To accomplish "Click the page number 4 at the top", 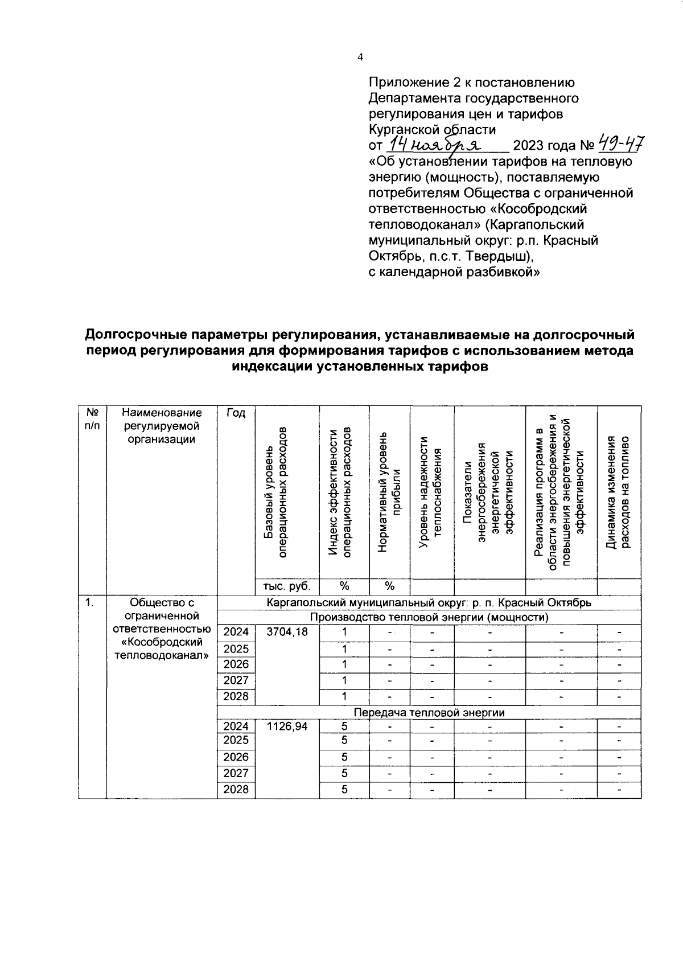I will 359,57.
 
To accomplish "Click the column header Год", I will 236,413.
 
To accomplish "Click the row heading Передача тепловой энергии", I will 429,712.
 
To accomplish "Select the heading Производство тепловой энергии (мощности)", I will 429,617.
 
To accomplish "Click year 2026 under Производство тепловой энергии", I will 236,664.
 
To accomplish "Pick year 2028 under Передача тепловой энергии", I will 236,790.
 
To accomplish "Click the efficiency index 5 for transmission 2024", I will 344,726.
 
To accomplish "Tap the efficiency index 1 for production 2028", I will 344,696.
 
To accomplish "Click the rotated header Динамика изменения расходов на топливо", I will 619,492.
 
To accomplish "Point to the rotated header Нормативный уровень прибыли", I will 389,492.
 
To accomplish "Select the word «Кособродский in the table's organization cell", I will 162,642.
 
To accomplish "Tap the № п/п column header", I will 92,419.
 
